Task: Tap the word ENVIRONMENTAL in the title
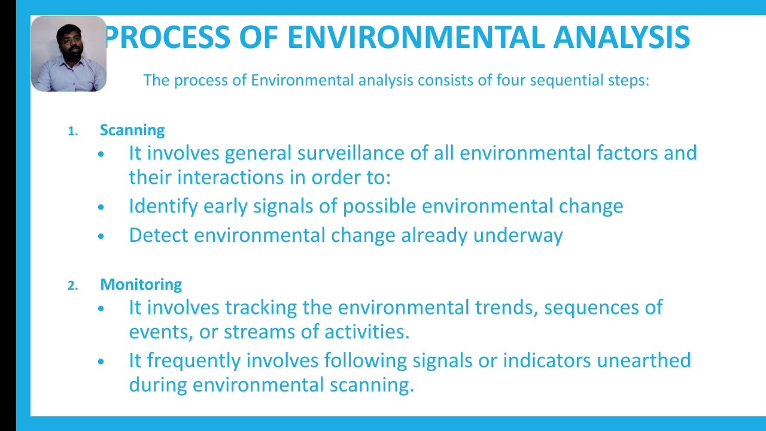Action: click(416, 37)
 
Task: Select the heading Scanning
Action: click(132, 130)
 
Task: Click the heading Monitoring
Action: click(141, 284)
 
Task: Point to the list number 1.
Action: click(72, 131)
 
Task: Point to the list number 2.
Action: click(72, 286)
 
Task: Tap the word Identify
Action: click(163, 207)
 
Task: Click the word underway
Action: click(518, 236)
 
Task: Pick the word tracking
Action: click(261, 308)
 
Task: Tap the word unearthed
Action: click(644, 360)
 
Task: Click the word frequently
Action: click(194, 361)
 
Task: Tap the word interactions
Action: click(230, 178)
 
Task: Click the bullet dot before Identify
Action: click(101, 207)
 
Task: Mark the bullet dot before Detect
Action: click(101, 236)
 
